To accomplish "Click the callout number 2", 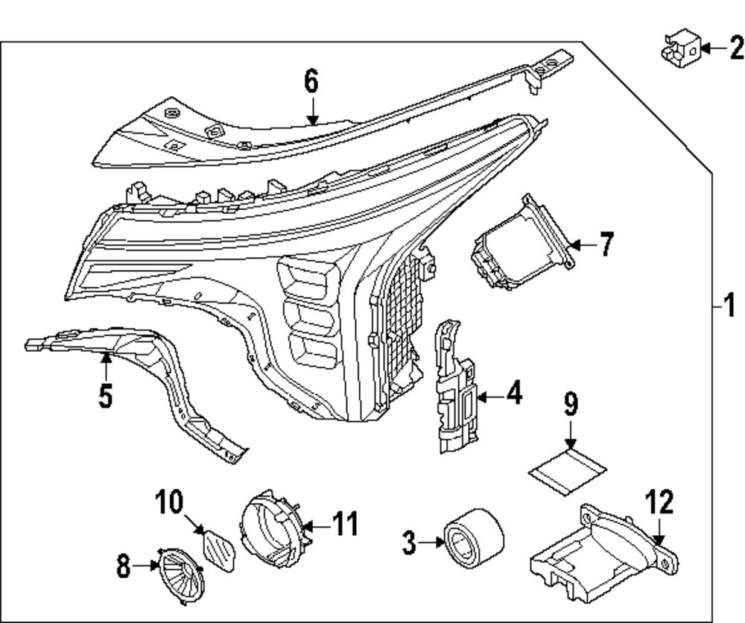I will pos(736,50).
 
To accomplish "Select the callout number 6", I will pos(311,81).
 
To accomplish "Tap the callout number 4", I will pos(514,393).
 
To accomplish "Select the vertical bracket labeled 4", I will pos(454,388).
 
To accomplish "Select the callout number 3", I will pos(409,543).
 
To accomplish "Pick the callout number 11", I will pos(344,524).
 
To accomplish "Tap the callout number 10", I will pos(169,504).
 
